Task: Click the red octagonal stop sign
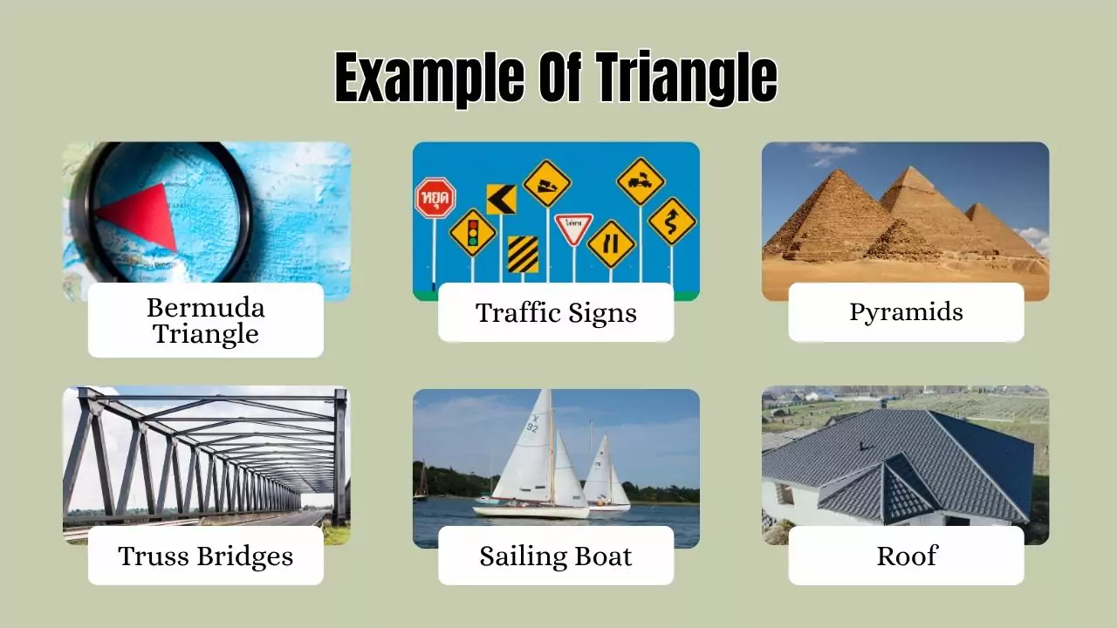point(435,197)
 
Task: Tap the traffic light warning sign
point(473,232)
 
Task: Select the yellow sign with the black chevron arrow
point(501,199)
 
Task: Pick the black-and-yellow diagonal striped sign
point(523,254)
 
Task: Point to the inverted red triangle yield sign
point(573,227)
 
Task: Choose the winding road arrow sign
point(672,221)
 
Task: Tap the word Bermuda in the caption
point(206,307)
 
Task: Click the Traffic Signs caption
point(556,312)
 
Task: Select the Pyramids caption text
point(906,312)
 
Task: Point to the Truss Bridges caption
point(206,556)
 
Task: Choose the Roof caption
point(906,556)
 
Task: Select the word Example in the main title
point(428,78)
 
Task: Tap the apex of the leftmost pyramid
point(840,171)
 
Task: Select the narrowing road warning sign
point(611,243)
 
